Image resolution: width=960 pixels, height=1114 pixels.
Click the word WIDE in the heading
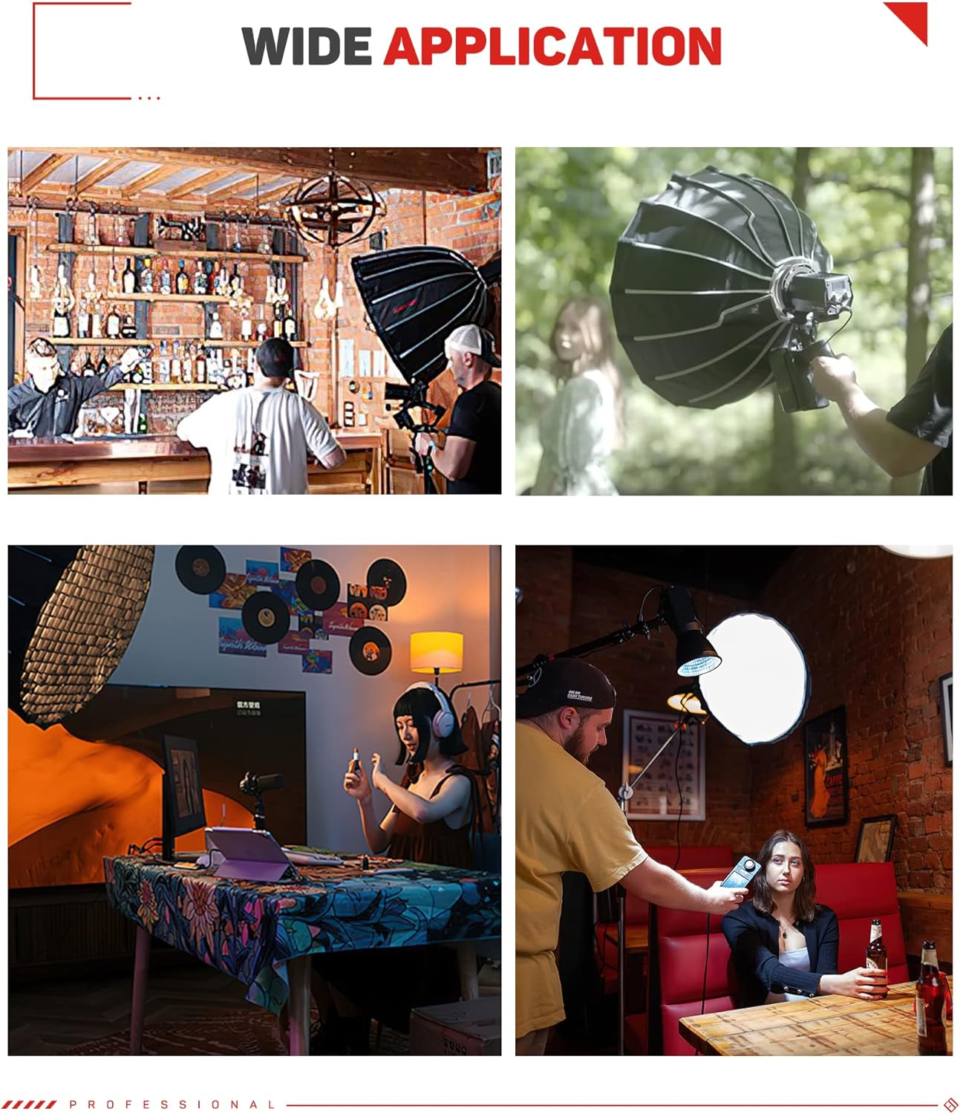pyautogui.click(x=306, y=47)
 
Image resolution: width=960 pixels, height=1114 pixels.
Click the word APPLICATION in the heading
pyautogui.click(x=552, y=47)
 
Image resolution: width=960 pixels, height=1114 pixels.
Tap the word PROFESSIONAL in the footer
pyautogui.click(x=172, y=1104)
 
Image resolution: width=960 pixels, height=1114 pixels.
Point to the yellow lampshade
pyautogui.click(x=437, y=651)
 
